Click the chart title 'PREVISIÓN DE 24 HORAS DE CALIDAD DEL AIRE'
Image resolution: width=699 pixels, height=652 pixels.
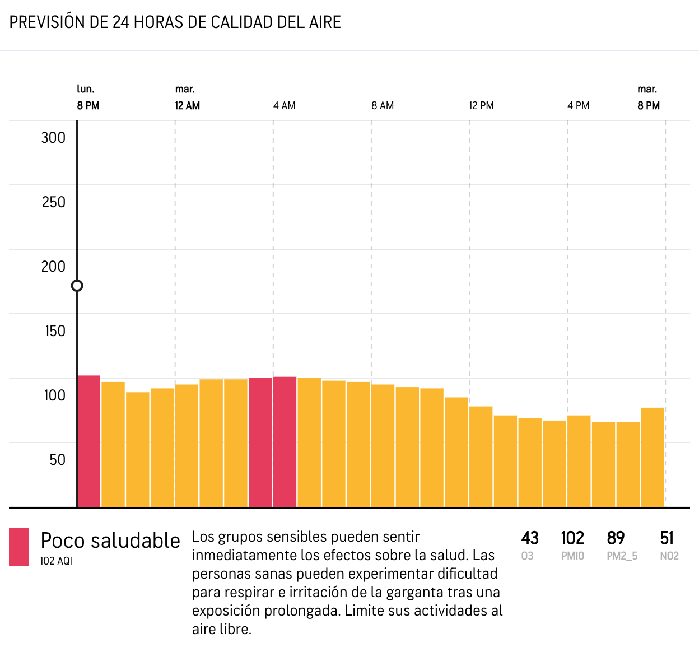click(x=175, y=22)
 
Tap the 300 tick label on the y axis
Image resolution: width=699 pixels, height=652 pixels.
click(x=53, y=138)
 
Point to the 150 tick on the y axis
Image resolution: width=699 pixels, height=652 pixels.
click(x=55, y=331)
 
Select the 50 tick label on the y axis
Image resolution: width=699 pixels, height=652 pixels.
click(x=57, y=460)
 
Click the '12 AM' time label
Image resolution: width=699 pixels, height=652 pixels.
click(x=187, y=106)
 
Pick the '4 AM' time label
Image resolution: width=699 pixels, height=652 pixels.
click(x=285, y=106)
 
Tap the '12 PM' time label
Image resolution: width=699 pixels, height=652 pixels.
click(x=482, y=106)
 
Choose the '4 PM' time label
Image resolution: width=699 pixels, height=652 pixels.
click(x=579, y=106)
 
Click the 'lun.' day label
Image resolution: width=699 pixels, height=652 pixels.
click(x=86, y=89)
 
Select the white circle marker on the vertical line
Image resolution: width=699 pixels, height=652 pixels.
click(x=77, y=286)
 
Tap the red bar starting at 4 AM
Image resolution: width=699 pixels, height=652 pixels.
click(x=285, y=442)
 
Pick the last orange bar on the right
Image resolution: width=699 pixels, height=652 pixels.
click(x=653, y=457)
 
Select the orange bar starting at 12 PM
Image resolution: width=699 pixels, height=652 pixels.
click(x=481, y=457)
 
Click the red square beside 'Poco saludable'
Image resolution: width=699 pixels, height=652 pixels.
click(x=19, y=547)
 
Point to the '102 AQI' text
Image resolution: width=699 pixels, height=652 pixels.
click(x=56, y=561)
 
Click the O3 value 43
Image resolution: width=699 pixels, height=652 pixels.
click(x=530, y=538)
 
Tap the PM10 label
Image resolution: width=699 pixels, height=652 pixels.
click(x=572, y=556)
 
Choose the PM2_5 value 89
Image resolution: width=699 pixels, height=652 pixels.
click(x=616, y=538)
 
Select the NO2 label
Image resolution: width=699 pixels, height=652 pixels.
click(x=669, y=556)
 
